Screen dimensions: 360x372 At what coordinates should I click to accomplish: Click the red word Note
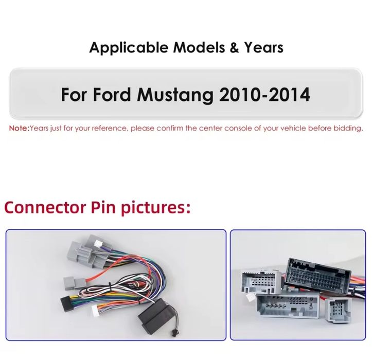click(x=19, y=128)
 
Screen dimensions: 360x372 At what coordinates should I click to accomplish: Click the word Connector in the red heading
click(x=45, y=208)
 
